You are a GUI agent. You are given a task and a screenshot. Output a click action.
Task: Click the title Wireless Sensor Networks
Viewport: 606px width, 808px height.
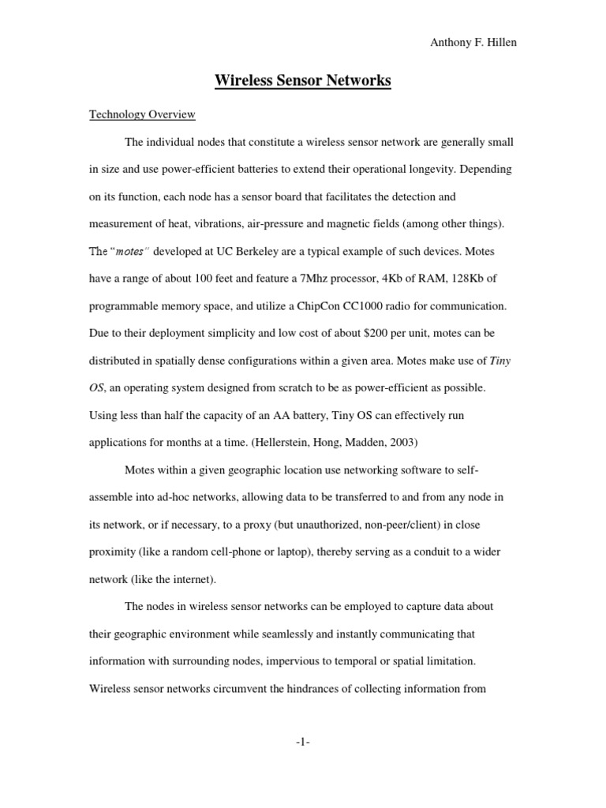(303, 80)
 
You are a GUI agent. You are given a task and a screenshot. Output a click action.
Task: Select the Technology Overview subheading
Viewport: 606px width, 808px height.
(142, 114)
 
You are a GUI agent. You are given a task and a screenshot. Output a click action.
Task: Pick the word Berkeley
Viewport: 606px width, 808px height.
(277, 251)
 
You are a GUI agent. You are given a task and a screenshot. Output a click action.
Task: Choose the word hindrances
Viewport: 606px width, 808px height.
(336, 688)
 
